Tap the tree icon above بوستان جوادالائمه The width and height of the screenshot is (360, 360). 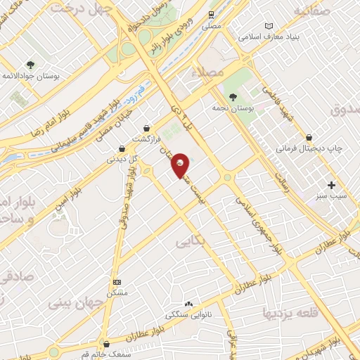point(30,64)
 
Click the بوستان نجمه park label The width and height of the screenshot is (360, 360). point(233,109)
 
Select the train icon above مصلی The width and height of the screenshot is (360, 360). point(212,14)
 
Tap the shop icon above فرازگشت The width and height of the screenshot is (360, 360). point(146,129)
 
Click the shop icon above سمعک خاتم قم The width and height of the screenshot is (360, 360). point(106,344)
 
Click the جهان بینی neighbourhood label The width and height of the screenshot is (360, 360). point(76,303)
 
